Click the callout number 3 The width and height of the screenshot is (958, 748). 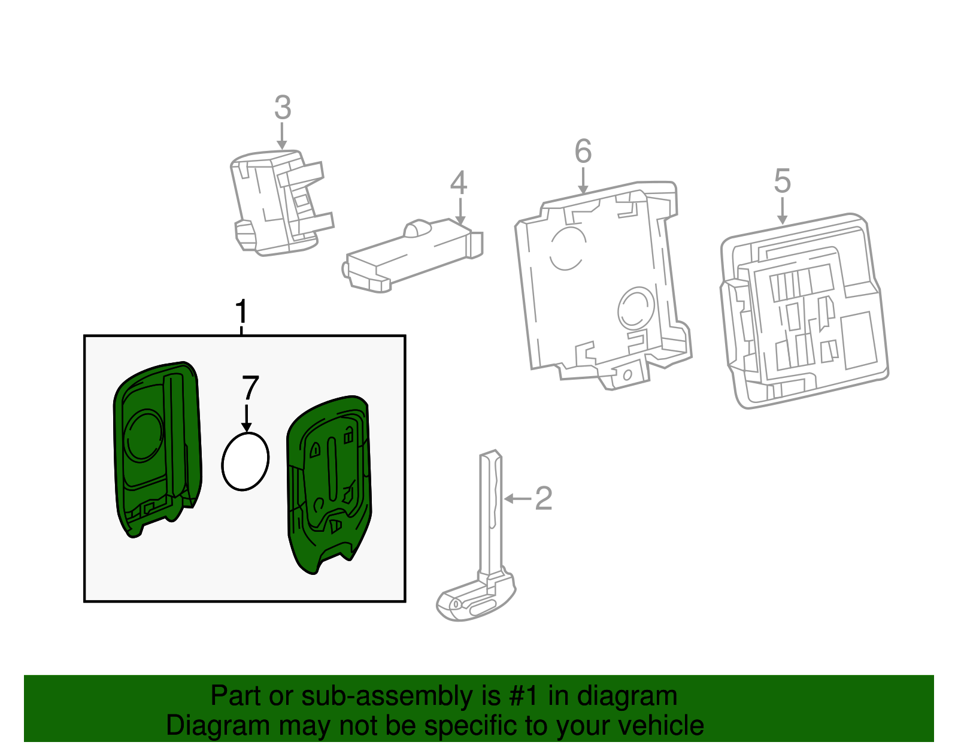(283, 108)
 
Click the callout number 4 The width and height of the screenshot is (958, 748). (459, 183)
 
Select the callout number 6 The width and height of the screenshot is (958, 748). (583, 152)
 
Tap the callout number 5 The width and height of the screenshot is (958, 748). (783, 181)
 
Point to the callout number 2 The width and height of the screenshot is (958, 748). (543, 499)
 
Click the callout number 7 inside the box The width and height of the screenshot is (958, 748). (250, 389)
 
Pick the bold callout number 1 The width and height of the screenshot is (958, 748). (241, 312)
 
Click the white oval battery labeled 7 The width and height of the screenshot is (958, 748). (245, 461)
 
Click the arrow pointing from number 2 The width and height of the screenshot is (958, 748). (517, 498)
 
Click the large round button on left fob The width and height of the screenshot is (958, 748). (144, 435)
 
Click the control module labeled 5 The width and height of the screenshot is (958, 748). (802, 311)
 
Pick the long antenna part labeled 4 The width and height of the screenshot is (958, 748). (413, 255)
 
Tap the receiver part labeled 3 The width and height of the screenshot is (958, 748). (278, 204)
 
